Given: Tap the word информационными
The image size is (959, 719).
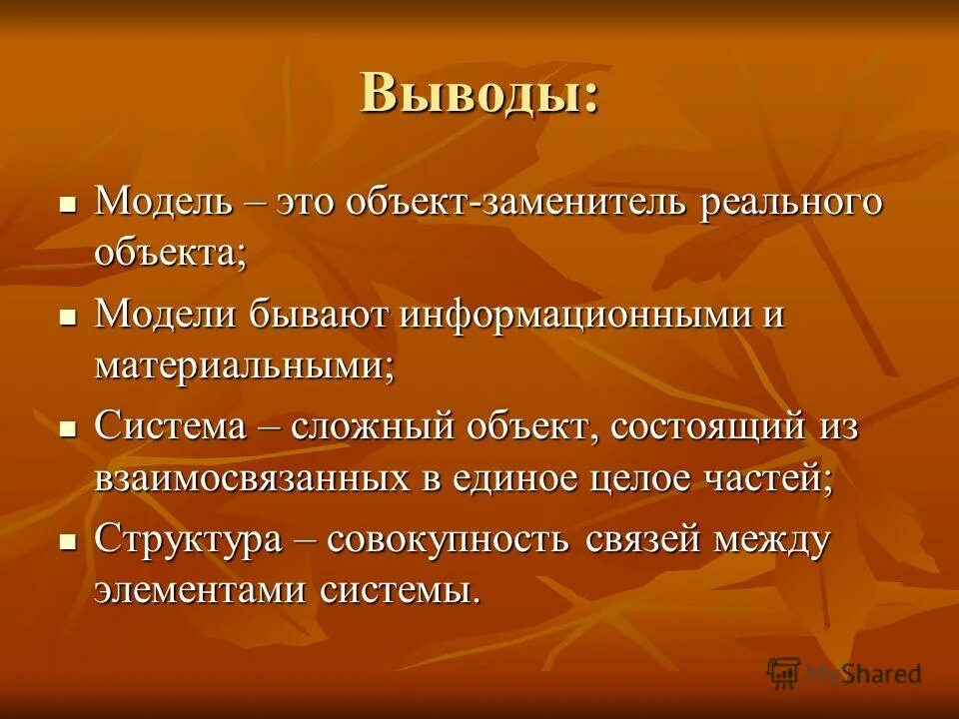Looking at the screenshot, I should pos(568,316).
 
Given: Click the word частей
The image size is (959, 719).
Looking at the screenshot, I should pos(768,477).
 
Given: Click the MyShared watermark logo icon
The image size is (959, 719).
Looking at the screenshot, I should pos(783,672).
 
